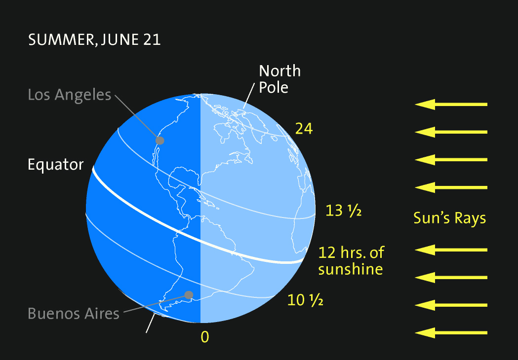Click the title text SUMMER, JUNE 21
[94, 40]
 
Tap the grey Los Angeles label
[70, 95]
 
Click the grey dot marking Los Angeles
[159, 141]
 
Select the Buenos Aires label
[74, 313]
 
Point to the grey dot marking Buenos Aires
[188, 295]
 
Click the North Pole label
[279, 79]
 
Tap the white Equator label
[56, 165]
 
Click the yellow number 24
[304, 129]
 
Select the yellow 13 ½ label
[344, 211]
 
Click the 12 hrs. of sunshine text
[351, 261]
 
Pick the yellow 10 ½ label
[305, 299]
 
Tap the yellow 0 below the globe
[205, 337]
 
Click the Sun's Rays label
[449, 218]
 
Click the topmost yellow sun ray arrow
[451, 105]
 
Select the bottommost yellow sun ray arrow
[451, 333]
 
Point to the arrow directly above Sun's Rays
[451, 187]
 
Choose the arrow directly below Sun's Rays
[451, 250]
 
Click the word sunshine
[351, 269]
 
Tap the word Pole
[274, 88]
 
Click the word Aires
[102, 313]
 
